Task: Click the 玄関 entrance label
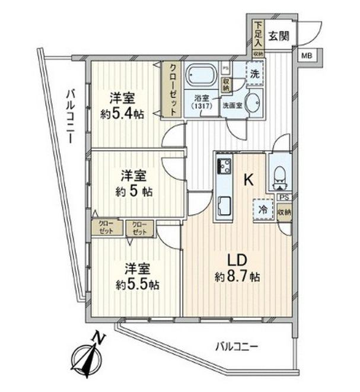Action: (278, 36)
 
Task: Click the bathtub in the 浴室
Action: (202, 75)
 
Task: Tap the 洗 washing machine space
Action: (254, 75)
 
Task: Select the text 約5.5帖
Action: (137, 284)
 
